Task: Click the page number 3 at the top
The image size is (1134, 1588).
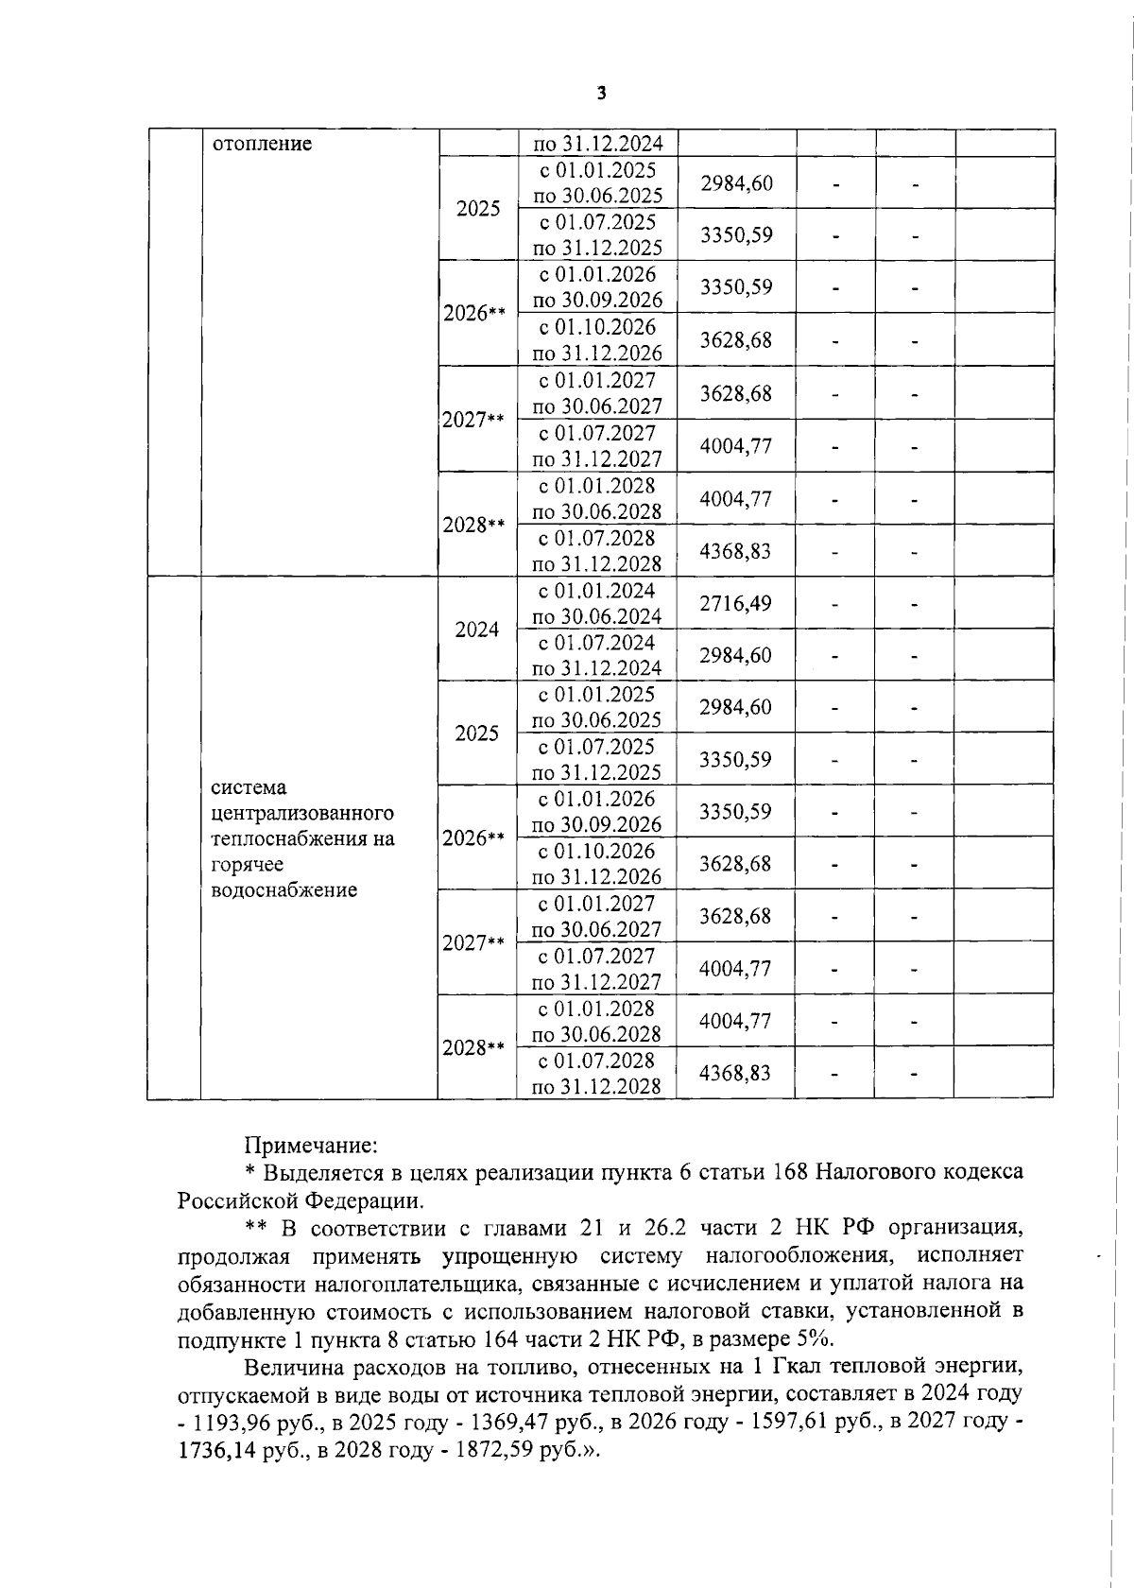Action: click(x=601, y=93)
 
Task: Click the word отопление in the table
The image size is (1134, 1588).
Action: click(x=262, y=144)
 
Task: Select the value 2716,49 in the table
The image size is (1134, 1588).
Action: click(x=735, y=603)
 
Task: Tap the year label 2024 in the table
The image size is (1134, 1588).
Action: click(x=477, y=629)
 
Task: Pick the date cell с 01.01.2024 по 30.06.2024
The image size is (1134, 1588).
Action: click(x=597, y=604)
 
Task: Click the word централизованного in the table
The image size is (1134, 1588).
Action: click(x=301, y=813)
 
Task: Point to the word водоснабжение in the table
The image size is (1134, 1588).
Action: click(x=283, y=889)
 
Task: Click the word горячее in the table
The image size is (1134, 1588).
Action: click(x=247, y=864)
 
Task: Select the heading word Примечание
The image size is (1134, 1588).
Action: click(x=311, y=1146)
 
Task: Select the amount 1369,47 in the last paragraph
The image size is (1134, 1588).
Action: click(x=477, y=1422)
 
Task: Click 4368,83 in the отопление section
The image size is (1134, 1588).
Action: click(x=735, y=550)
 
